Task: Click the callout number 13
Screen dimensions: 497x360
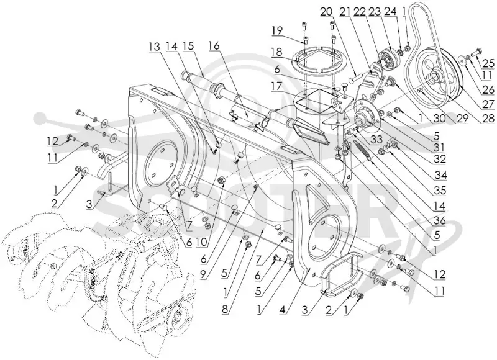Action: [155, 46]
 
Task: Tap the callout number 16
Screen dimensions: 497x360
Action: [214, 46]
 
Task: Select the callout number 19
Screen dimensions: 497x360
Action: [276, 32]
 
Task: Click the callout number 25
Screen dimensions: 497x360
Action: [488, 64]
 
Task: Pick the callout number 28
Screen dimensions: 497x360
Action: [488, 119]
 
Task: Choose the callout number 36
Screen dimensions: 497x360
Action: [440, 220]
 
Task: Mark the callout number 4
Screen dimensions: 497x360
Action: [284, 309]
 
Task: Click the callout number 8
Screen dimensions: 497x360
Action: [225, 309]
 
